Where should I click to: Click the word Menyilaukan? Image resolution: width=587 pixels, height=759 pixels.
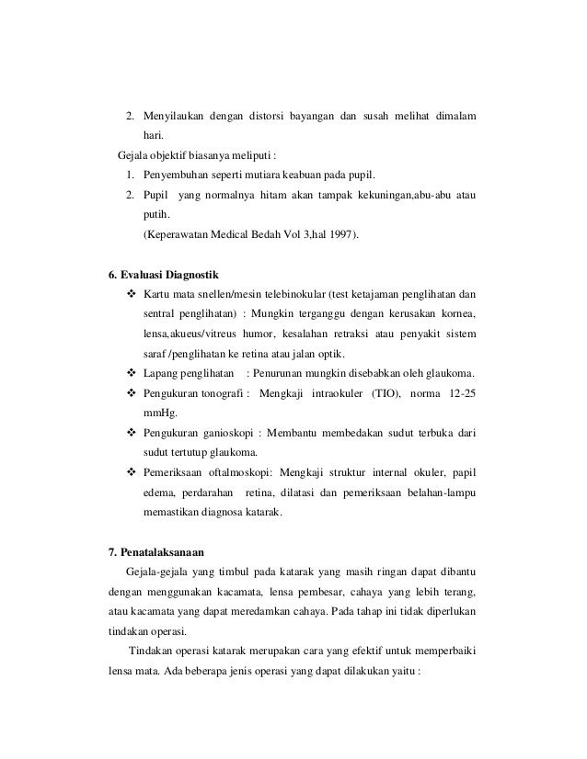[174, 118]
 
